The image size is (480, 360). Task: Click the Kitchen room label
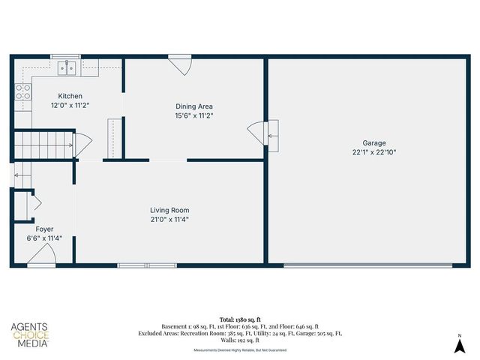pos(70,96)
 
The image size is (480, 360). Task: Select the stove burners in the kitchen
pos(23,91)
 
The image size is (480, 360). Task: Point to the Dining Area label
pos(194,106)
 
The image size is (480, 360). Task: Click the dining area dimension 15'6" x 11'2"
pos(194,115)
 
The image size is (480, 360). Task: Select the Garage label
pos(373,142)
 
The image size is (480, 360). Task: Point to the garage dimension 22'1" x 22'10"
pos(373,151)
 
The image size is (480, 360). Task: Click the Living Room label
pos(169,210)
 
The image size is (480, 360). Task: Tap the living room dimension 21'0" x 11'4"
pos(169,220)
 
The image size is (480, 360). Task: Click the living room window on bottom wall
pos(147,265)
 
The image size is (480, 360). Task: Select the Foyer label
pos(44,229)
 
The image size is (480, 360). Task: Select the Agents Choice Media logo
pos(29,335)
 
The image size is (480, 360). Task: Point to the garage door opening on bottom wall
pos(367,265)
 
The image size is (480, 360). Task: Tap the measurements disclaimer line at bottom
pos(239,350)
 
